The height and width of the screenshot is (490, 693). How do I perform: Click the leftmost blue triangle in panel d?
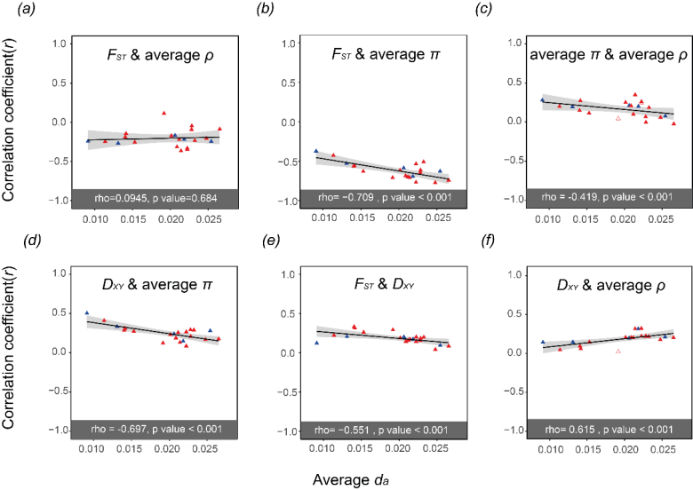pos(86,313)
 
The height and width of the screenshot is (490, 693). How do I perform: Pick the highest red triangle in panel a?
pos(164,114)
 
